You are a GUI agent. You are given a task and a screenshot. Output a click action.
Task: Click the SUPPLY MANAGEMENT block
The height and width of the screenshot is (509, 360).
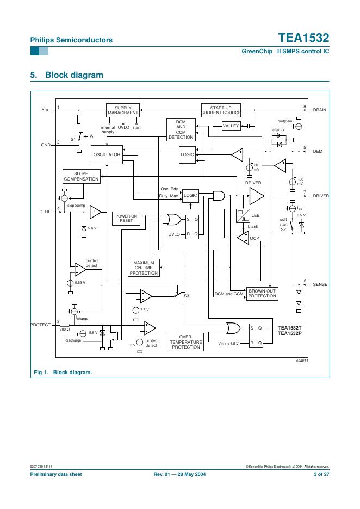tap(123, 110)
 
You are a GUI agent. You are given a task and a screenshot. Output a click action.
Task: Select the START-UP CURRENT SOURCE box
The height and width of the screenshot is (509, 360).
tap(221, 110)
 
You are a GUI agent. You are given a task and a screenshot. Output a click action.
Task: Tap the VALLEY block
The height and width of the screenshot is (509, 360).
tap(231, 126)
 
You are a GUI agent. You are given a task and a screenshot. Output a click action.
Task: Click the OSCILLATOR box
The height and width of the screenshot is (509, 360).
tap(106, 155)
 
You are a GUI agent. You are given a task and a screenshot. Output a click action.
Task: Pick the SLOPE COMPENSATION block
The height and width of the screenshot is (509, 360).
tap(81, 176)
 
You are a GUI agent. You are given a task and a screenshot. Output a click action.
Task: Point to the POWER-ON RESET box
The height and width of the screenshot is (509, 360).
tap(126, 219)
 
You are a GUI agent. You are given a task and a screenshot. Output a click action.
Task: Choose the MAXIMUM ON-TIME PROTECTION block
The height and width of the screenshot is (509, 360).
tap(144, 268)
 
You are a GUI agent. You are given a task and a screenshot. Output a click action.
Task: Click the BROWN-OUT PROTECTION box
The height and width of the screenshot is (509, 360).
tap(262, 294)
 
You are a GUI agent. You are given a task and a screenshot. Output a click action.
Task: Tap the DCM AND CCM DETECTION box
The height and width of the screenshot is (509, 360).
tap(181, 129)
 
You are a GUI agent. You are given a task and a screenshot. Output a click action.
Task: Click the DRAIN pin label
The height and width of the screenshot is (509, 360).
tap(319, 110)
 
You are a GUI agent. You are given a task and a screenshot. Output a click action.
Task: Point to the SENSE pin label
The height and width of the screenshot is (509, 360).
tap(320, 284)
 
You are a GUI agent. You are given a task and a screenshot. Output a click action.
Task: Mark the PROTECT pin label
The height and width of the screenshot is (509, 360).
tap(40, 325)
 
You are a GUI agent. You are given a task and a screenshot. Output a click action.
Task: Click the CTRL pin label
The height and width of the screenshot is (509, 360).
tap(45, 211)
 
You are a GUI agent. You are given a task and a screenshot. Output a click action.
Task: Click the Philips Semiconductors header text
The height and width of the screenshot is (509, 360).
tap(71, 40)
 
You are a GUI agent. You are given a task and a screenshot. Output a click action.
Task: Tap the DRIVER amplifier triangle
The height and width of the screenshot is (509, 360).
tap(256, 196)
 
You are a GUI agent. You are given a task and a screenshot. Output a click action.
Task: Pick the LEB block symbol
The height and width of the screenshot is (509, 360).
tap(243, 216)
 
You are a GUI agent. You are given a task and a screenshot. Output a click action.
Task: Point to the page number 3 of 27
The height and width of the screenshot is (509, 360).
tap(321, 474)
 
